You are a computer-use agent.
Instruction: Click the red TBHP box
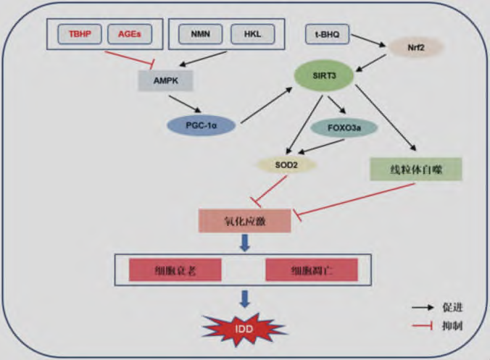pyautogui.click(x=75, y=35)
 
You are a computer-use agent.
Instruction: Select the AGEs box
pyautogui.click(x=130, y=35)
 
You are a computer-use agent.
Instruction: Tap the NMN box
pyautogui.click(x=197, y=35)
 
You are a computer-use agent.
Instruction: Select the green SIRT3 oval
pyautogui.click(x=324, y=75)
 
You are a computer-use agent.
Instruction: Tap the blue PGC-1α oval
pyautogui.click(x=202, y=125)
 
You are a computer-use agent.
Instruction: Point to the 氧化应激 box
pyautogui.click(x=245, y=220)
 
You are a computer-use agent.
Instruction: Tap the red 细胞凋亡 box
pyautogui.click(x=312, y=269)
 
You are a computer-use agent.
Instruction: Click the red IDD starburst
pyautogui.click(x=244, y=330)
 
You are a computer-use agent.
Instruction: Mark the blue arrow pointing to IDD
pyautogui.click(x=245, y=298)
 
